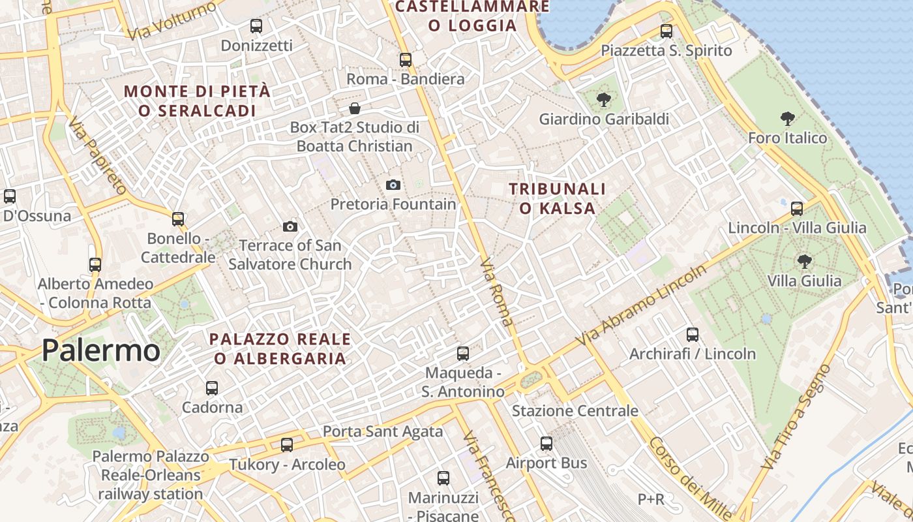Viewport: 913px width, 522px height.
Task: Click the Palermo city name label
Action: coord(100,351)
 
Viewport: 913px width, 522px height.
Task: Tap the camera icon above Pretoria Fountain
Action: coord(393,185)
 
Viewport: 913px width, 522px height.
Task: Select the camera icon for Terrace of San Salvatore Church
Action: coord(290,226)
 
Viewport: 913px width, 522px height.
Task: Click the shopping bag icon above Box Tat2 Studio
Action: coord(355,108)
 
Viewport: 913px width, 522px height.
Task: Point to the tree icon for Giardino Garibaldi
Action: coord(603,100)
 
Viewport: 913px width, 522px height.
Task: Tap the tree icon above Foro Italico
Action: coord(788,119)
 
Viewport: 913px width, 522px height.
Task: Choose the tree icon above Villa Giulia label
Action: coord(805,262)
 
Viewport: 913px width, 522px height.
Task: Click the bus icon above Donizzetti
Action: coord(256,26)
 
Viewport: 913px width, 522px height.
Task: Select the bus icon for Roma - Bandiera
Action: coord(406,59)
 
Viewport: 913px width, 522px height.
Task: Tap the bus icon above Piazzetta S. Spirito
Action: coord(666,31)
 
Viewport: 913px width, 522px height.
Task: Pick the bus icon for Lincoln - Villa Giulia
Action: coord(797,209)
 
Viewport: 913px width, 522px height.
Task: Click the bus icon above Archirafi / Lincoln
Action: coord(693,335)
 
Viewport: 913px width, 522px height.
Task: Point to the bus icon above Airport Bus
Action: coord(546,444)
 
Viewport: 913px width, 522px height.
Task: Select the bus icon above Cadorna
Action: coord(212,388)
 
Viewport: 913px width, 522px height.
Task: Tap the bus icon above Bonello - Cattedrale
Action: coord(178,219)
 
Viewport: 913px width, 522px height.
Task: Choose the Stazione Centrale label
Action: coord(575,411)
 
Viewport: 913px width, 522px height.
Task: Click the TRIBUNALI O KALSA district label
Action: coord(552,198)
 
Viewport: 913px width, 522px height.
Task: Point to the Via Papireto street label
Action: coord(97,157)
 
